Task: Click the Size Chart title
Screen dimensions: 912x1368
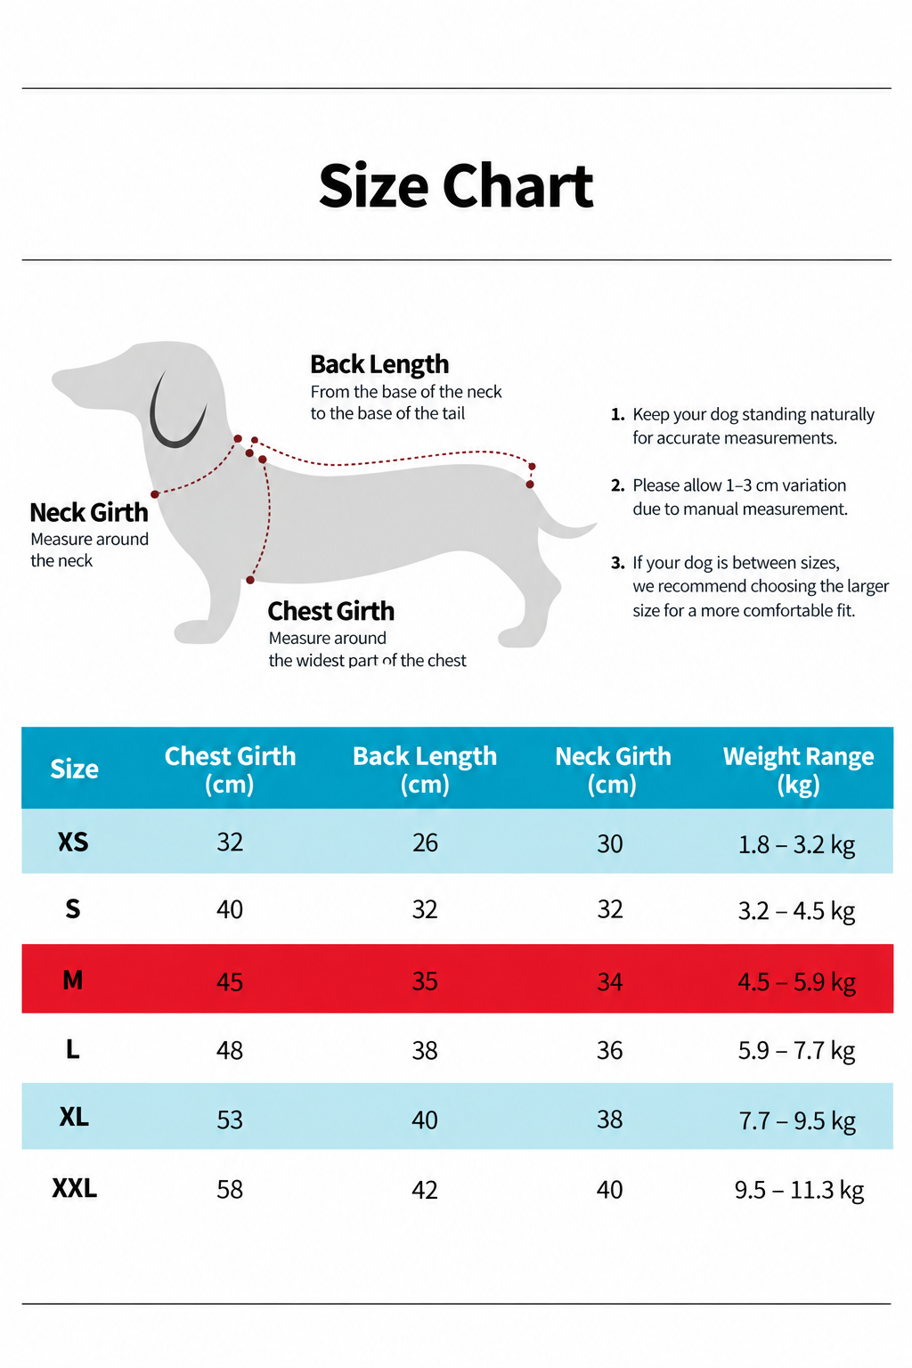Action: tap(456, 185)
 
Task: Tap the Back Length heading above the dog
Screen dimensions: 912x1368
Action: tap(379, 364)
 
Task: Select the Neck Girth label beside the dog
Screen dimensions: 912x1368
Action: tap(89, 512)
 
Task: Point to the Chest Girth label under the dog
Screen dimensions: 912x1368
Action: tap(331, 611)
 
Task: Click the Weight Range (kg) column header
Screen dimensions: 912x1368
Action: tap(798, 770)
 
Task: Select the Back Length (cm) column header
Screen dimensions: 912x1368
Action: tap(425, 770)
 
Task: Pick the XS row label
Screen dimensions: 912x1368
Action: tap(73, 843)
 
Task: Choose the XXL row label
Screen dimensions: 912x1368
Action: tap(75, 1188)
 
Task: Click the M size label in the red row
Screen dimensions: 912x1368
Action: tap(73, 981)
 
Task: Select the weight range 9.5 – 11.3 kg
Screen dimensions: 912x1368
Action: tap(799, 1190)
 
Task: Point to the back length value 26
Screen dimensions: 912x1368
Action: tap(425, 843)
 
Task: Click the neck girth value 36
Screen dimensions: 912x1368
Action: tap(609, 1050)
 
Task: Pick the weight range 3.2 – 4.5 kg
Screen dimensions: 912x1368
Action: tap(796, 911)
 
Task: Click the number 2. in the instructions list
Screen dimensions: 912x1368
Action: tap(617, 485)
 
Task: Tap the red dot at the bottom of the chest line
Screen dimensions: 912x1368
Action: tap(250, 580)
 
